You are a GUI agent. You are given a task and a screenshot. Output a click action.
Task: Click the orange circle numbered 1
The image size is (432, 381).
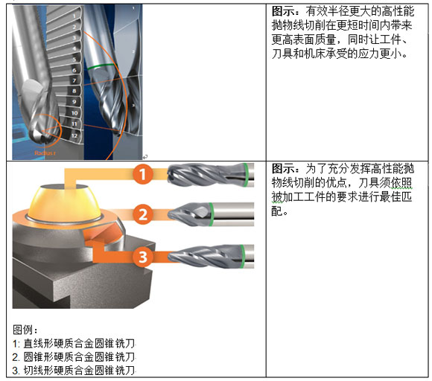tap(143, 174)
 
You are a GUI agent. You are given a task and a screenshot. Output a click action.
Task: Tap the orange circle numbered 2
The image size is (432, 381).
tap(143, 214)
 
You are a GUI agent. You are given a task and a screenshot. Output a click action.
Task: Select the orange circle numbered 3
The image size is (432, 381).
tap(143, 257)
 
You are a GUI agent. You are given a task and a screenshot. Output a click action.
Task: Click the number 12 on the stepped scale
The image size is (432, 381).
tap(74, 135)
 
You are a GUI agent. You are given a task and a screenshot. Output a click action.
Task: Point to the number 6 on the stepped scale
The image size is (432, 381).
tap(74, 70)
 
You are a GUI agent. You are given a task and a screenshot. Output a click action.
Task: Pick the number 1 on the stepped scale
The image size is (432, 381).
tap(74, 16)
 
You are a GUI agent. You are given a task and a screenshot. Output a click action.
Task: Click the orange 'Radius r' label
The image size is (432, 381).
tap(45, 153)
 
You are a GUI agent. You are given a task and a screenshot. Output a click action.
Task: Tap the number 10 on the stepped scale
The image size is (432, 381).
tap(74, 113)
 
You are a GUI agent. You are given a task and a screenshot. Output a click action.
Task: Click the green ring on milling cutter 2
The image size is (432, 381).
tap(211, 214)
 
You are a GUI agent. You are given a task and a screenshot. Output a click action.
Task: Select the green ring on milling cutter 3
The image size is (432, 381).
tap(242, 256)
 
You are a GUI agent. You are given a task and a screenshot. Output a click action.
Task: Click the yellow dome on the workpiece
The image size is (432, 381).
tap(65, 204)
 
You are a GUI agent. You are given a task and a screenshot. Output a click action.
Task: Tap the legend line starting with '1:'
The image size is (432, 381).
tap(74, 343)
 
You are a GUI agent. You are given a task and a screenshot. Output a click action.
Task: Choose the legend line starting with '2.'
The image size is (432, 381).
tap(74, 356)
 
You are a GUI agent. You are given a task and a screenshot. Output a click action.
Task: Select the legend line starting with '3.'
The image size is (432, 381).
tap(74, 371)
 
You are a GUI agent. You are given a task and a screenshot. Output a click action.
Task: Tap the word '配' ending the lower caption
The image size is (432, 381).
tap(277, 211)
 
